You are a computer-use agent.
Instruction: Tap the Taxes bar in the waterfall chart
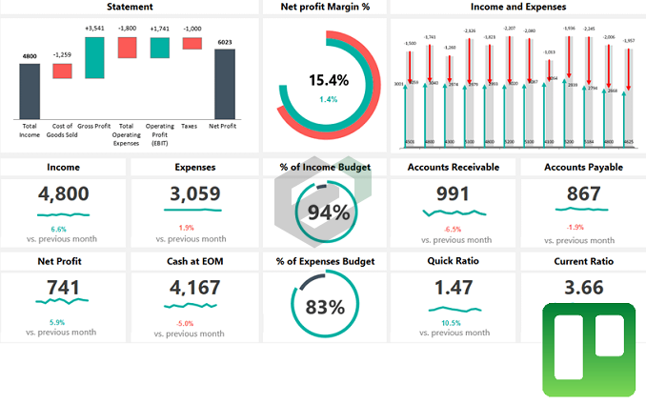(x=192, y=43)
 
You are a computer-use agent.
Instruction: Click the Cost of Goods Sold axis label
(x=62, y=130)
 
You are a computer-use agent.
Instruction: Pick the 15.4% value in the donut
(x=328, y=80)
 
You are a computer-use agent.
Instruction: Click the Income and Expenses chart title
(x=517, y=7)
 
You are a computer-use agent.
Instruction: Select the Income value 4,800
(x=64, y=194)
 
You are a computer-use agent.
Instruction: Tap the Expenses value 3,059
(x=194, y=194)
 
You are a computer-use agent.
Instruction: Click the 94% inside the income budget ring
(x=328, y=212)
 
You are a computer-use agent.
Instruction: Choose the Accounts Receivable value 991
(x=453, y=194)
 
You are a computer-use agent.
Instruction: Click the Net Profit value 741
(x=64, y=286)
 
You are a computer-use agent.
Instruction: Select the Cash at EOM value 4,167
(x=194, y=286)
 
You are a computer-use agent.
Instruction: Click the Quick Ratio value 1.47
(x=453, y=286)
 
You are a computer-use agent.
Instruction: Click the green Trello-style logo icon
(x=588, y=349)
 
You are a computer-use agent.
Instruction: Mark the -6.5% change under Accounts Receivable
(x=453, y=229)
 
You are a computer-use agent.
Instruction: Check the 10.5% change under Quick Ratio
(x=453, y=323)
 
